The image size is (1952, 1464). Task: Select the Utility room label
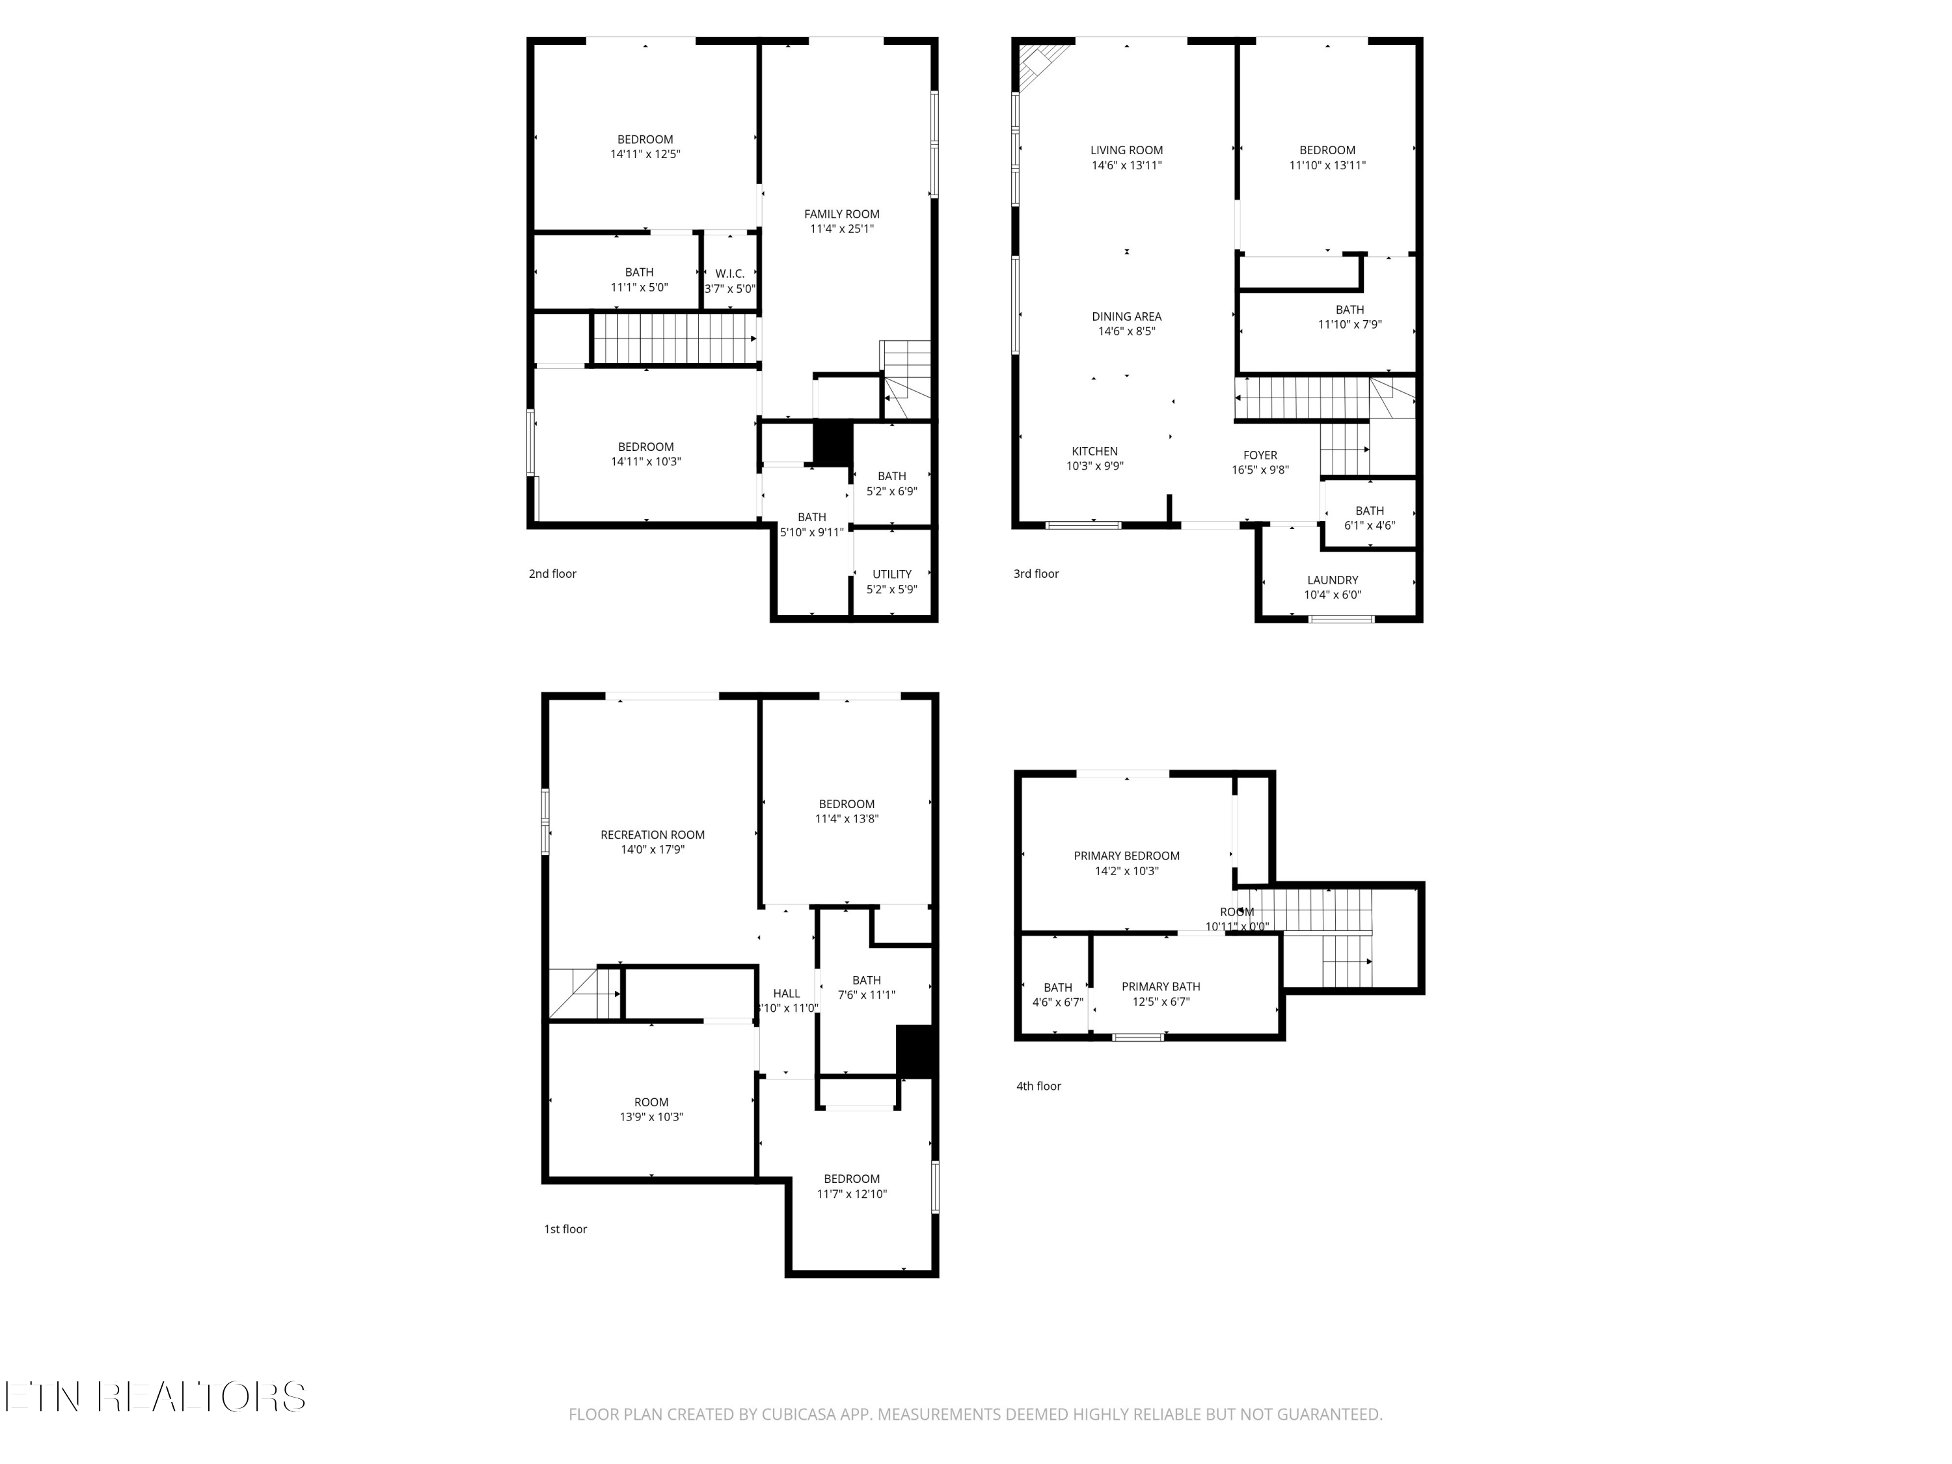pos(891,574)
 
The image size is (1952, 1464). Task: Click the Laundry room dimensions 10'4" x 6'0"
pos(1332,595)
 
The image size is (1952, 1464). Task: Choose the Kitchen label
pos(1094,451)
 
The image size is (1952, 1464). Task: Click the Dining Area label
pos(1126,316)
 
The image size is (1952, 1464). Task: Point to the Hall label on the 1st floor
pos(786,993)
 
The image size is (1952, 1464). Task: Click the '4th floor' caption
pos(1038,1085)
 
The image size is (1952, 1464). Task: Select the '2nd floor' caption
pos(552,574)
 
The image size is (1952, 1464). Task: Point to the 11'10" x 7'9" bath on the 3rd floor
pos(1349,317)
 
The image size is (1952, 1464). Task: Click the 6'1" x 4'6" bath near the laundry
pos(1369,518)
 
